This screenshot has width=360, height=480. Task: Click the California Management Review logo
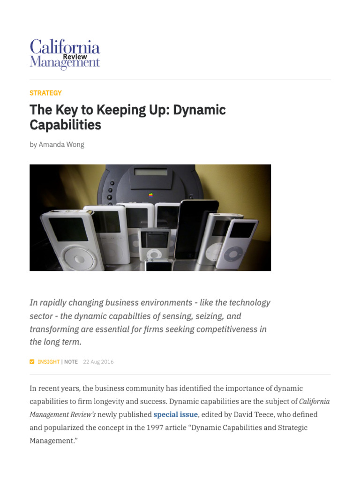tap(65, 54)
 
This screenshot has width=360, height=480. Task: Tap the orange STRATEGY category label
tap(45, 93)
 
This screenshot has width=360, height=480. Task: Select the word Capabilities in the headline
tap(65, 125)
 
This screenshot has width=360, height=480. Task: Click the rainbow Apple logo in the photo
tap(150, 195)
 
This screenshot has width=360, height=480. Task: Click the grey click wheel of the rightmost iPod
tap(233, 255)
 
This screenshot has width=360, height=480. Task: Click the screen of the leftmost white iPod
tap(68, 229)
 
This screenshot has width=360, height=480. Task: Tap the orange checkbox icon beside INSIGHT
tap(32, 362)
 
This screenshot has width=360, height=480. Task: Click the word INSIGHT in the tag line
tap(49, 362)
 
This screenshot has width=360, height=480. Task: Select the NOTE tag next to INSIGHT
tap(71, 362)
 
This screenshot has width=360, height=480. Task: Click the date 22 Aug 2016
tap(98, 362)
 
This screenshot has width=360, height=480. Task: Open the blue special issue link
tap(175, 414)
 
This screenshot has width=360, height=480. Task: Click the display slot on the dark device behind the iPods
tap(150, 172)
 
